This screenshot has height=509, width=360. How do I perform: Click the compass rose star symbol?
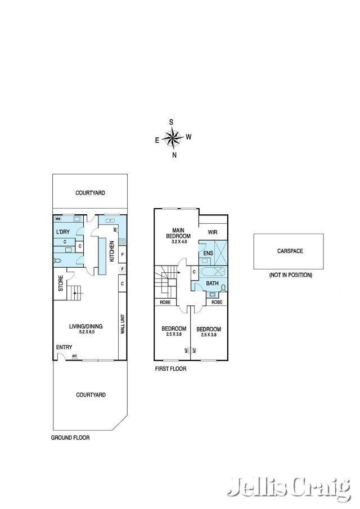(173, 137)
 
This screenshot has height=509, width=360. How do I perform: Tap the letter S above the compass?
(171, 121)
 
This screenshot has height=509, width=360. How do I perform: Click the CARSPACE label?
(290, 251)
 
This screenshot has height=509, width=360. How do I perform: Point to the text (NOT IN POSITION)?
(290, 275)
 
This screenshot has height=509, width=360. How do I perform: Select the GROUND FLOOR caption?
(70, 438)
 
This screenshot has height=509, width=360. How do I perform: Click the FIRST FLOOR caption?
(170, 369)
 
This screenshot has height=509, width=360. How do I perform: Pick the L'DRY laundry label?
(62, 232)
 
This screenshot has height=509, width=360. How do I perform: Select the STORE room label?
(60, 283)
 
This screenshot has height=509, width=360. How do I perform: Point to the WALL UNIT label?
(122, 325)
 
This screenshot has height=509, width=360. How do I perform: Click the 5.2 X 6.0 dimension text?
(82, 332)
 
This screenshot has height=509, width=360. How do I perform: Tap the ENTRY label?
(64, 347)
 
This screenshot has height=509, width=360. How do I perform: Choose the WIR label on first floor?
(213, 232)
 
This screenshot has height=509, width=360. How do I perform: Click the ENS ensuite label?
(208, 254)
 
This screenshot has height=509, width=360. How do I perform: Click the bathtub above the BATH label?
(215, 271)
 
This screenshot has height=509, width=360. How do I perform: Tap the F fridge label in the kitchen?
(122, 269)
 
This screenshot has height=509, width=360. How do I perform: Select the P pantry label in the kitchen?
(122, 254)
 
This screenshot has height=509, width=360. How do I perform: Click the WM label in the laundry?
(58, 219)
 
